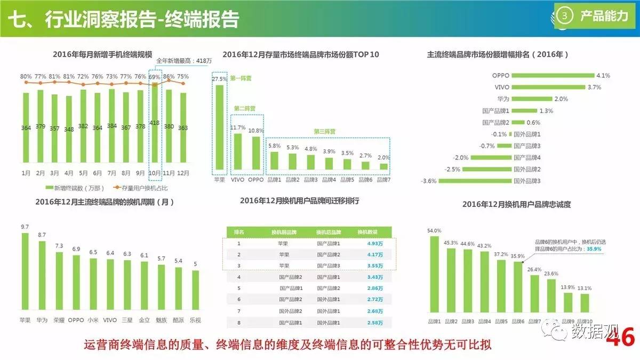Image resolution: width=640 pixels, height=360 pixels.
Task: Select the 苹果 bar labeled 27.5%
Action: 219,128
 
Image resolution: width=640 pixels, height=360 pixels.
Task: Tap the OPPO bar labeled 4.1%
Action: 553,75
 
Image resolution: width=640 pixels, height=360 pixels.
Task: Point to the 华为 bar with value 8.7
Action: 42,277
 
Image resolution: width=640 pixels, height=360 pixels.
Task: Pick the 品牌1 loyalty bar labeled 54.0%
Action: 434,275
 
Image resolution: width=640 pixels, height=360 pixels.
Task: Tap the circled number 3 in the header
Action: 564,17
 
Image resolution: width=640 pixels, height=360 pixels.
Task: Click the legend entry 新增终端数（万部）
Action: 78,188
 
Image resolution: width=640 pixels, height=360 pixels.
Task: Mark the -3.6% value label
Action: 429,181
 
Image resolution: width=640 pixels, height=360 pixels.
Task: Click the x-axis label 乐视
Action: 195,320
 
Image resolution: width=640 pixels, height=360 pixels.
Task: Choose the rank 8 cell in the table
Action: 239,323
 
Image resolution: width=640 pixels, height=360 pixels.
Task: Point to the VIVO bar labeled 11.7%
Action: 238,151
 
